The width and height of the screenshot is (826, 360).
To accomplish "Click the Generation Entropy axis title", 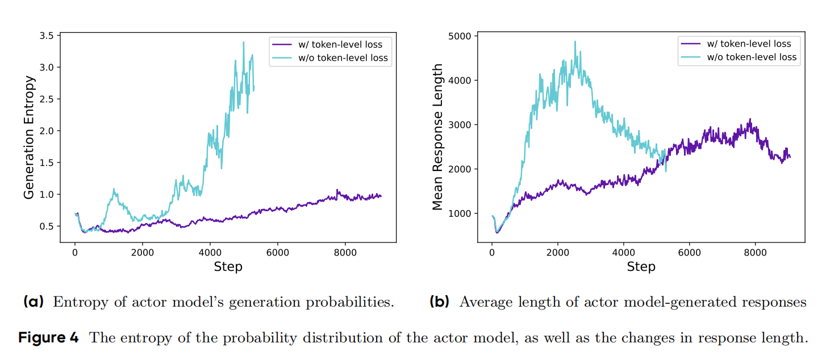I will point(30,137).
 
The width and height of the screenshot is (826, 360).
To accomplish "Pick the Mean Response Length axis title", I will point(437,137).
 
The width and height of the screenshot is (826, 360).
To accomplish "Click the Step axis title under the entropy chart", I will point(228,266).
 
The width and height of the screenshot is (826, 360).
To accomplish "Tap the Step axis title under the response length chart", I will point(641,266).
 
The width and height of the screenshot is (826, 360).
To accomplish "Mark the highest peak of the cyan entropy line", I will point(244,42).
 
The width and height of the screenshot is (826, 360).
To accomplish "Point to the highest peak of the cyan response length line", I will point(575,41).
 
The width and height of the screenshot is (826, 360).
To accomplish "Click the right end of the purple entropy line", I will point(381,196).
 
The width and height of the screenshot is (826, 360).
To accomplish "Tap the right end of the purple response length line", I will point(790,157).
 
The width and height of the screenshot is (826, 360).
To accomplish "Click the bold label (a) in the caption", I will point(34,302).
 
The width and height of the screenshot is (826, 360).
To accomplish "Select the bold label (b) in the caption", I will point(439,302).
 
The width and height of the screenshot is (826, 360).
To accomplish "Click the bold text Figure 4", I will point(49,338).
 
